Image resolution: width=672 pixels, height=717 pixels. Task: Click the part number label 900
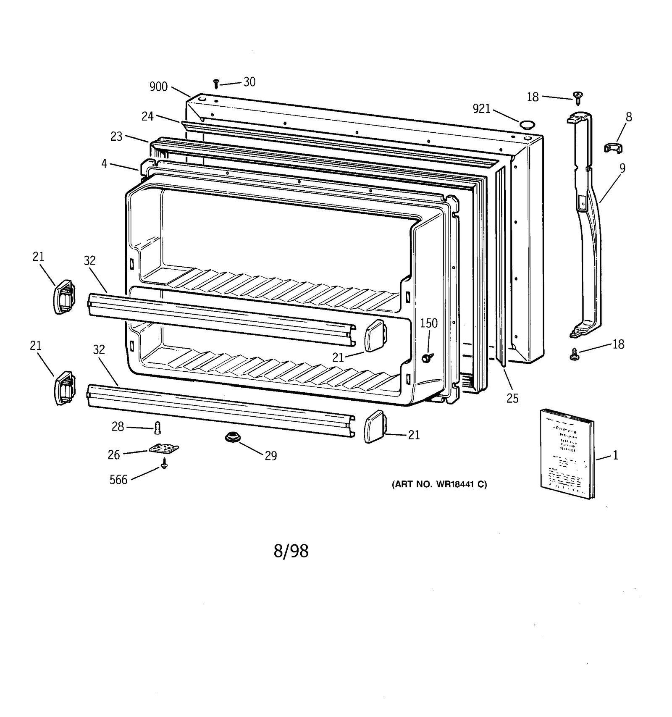coord(158,87)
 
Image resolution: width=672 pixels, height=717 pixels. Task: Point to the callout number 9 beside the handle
coord(622,168)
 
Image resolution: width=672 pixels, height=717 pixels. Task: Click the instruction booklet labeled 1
coord(567,453)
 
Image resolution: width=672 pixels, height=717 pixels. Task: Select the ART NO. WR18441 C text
coord(439,484)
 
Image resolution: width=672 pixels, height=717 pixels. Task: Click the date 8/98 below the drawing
coord(291,551)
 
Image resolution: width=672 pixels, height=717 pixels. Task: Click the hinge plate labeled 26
coord(164,449)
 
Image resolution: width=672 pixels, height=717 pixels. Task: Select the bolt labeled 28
coord(158,428)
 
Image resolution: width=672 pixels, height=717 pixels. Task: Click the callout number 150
coord(428,323)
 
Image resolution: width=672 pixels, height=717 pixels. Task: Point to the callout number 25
coord(512,398)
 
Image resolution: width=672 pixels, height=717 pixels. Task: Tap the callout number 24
coord(147,116)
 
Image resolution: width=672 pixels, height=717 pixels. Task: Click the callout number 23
coord(116,137)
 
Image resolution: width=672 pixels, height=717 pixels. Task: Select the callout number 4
coord(104,164)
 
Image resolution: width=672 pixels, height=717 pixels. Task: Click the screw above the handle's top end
coord(578,98)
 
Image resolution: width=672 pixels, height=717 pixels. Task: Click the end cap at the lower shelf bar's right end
coord(373,427)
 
